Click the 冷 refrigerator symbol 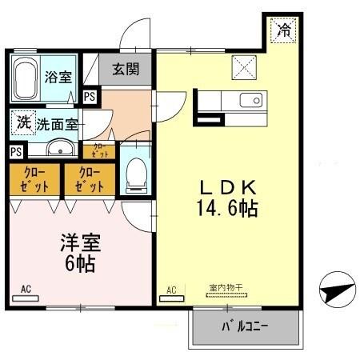click(x=282, y=30)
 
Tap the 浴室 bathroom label click(x=58, y=78)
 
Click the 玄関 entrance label click(x=126, y=70)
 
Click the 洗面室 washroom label click(x=55, y=125)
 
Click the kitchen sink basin click(x=251, y=100)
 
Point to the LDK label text click(x=227, y=188)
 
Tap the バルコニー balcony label click(x=244, y=326)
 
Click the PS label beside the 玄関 click(x=90, y=96)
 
